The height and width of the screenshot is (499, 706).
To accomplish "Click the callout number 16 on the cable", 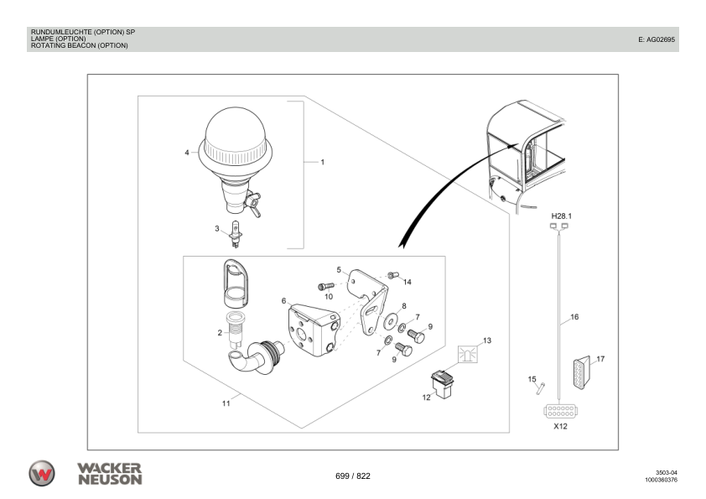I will tap(574, 318).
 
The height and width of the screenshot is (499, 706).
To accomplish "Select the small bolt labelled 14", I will tap(392, 274).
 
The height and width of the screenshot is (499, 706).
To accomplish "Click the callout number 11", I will tap(226, 403).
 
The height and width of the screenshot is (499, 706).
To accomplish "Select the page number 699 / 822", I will tap(352, 476).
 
